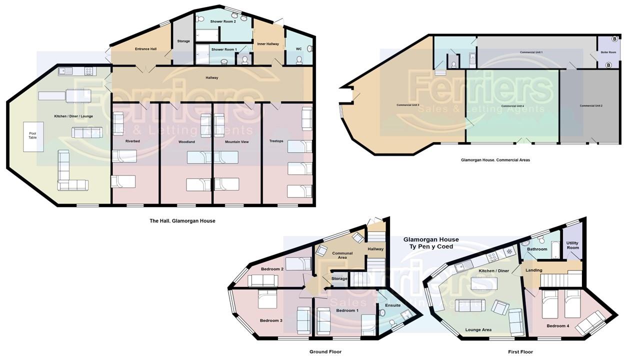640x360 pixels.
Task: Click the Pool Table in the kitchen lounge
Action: pos(33,137)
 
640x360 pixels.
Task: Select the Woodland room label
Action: pos(186,141)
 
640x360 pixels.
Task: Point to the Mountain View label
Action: pos(237,141)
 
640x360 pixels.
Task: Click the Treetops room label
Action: pos(276,141)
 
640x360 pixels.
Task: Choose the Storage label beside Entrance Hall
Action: pos(183,41)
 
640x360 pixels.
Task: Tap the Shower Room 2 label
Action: pos(223,21)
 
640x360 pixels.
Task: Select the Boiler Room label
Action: pos(608,52)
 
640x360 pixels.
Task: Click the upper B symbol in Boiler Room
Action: pos(614,38)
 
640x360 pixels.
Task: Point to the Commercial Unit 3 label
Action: pos(407,105)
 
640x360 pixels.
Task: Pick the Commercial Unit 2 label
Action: pos(591,105)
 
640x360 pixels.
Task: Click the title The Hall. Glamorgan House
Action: pos(182,220)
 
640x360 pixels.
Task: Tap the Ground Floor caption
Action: pos(325,351)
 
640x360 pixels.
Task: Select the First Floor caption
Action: pos(520,351)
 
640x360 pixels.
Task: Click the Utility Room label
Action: pos(572,245)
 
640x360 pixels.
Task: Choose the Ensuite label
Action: pos(393,305)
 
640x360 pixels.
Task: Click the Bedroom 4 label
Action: pos(557,326)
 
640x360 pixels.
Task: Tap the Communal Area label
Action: pos(342,255)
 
